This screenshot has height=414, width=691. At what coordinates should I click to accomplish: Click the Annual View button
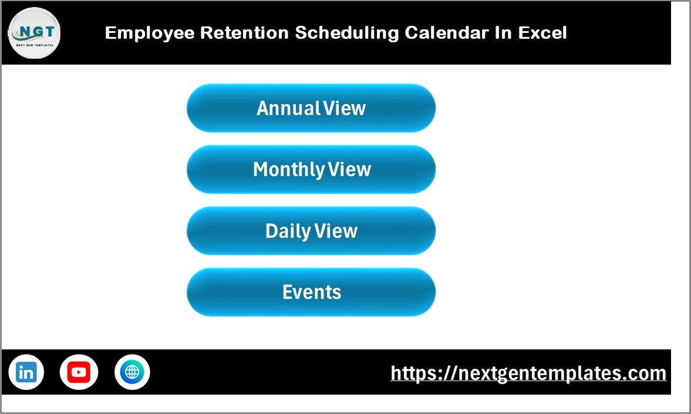click(311, 108)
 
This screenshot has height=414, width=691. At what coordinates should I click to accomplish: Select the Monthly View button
click(311, 170)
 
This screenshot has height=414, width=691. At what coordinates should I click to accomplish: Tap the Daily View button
click(311, 231)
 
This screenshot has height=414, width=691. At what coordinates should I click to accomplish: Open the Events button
click(311, 292)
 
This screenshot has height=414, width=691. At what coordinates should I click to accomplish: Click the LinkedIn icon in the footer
click(26, 372)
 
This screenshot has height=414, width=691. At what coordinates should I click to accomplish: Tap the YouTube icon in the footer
click(79, 372)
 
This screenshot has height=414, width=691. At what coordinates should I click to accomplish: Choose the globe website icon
click(132, 372)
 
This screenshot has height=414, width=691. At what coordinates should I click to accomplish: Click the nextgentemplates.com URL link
click(528, 373)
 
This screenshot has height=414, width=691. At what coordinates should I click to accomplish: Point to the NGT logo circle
click(34, 33)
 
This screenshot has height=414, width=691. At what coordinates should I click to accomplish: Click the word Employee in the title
click(150, 33)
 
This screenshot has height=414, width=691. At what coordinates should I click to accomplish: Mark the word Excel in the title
click(542, 33)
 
